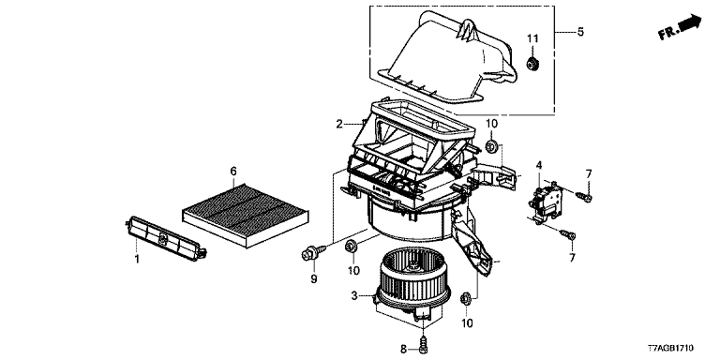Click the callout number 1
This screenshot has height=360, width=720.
pos(136,260)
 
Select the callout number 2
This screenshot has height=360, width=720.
pos(338,124)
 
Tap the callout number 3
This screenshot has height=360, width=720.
pos(354,296)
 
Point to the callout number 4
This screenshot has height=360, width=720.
pos(539,164)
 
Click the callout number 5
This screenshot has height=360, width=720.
pos(580,32)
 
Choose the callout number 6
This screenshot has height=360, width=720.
pos(233,172)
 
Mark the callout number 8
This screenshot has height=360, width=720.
pos(404,350)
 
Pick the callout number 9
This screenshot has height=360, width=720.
pos(314,278)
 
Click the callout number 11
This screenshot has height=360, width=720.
pos(532,38)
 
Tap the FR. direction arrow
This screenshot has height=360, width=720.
pos(680,26)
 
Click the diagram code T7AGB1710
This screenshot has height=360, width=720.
pos(671,349)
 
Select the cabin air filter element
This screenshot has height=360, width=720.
pos(246,215)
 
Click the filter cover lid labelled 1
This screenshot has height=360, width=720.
pos(166,238)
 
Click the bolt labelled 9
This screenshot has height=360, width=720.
pos(313,252)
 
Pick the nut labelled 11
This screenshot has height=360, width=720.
pos(532,64)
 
